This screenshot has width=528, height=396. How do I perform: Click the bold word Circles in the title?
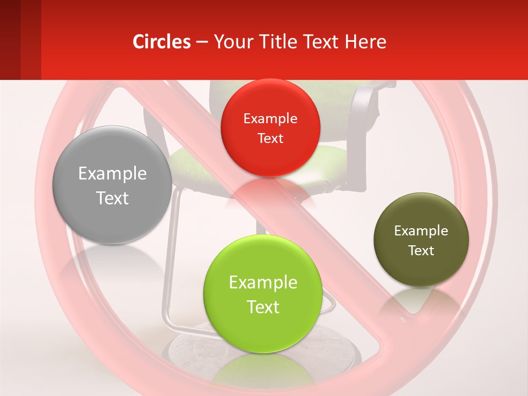click(x=162, y=42)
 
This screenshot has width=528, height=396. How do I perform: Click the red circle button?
click(x=270, y=128)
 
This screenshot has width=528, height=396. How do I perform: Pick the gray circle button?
click(x=112, y=185)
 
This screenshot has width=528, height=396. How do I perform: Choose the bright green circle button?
click(x=262, y=293)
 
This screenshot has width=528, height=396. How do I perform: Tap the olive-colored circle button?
click(x=421, y=240)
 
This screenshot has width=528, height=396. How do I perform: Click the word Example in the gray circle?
click(x=112, y=174)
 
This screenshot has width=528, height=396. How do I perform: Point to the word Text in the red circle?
click(x=270, y=139)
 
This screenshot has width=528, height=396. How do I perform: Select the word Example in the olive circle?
click(x=421, y=231)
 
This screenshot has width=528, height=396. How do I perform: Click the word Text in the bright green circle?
click(x=263, y=307)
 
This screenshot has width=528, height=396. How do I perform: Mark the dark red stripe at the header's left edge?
click(x=10, y=40)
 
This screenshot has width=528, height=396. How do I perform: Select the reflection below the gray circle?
click(x=110, y=264)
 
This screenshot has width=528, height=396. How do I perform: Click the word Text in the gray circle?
click(x=112, y=198)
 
